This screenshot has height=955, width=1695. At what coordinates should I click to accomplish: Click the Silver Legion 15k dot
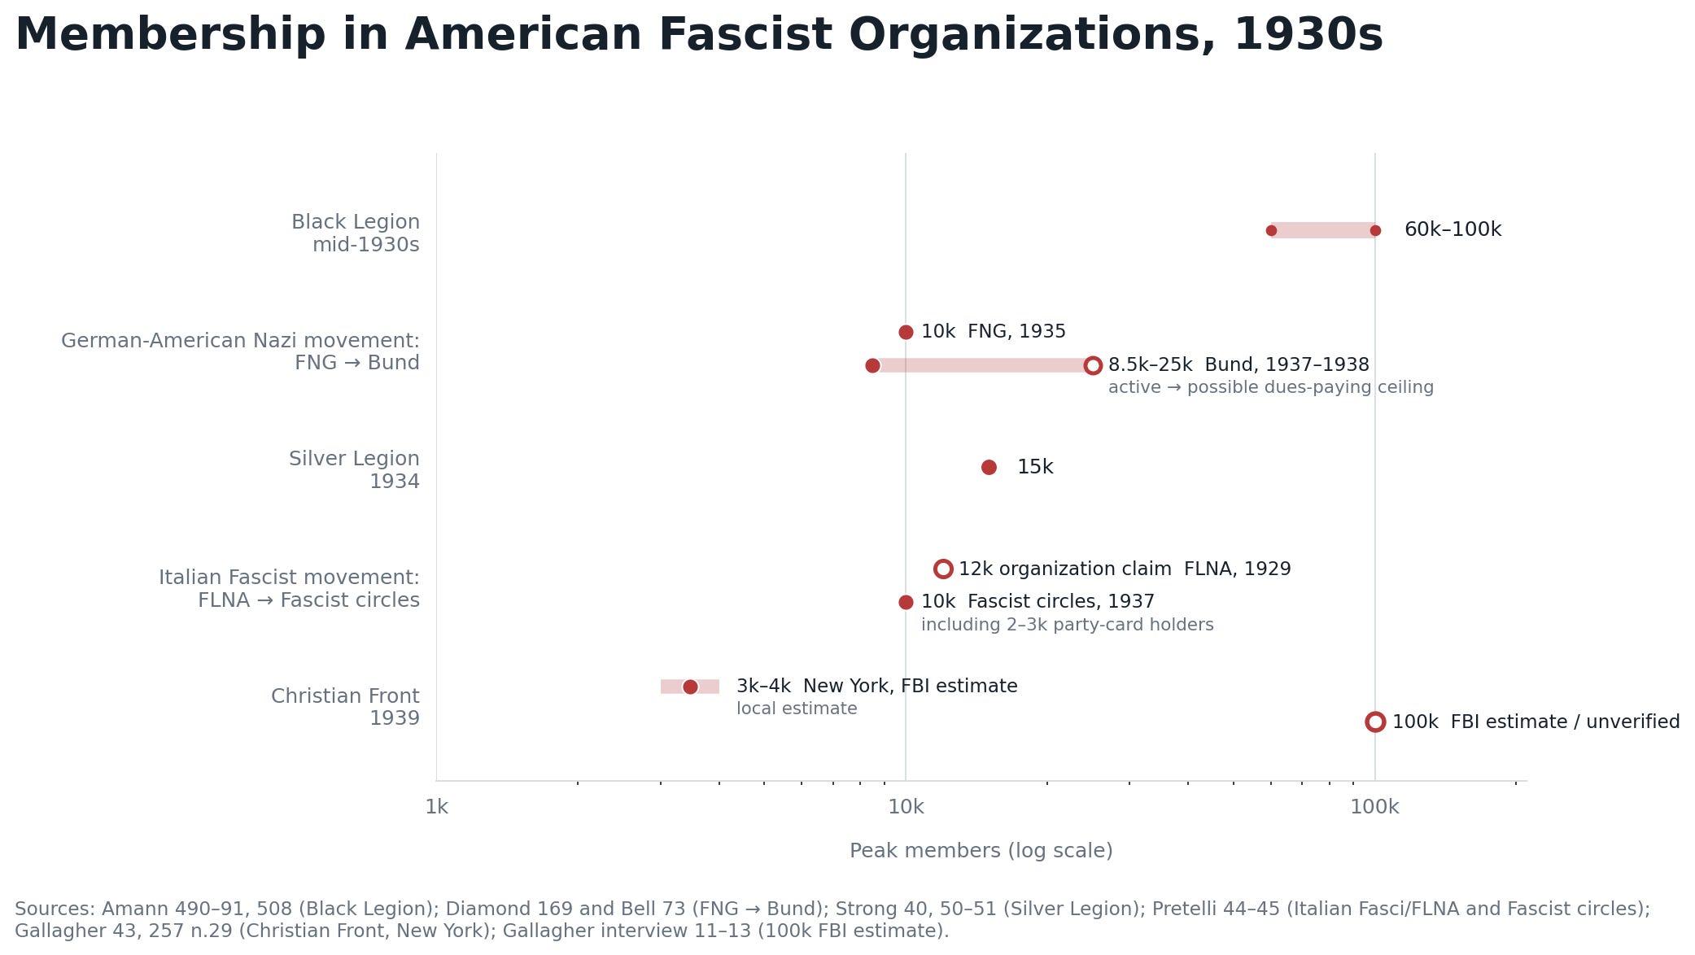coord(989,467)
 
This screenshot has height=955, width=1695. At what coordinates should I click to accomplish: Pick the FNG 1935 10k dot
coord(906,332)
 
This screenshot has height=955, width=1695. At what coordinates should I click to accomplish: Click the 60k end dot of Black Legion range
coord(1271,231)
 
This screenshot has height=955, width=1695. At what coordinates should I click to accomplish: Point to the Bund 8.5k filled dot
coord(872,366)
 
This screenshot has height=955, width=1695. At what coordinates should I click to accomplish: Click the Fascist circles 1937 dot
coord(906,603)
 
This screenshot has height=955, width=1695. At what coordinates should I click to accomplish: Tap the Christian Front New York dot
coord(690,687)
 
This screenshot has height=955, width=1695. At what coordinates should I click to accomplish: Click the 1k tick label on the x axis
coord(437,807)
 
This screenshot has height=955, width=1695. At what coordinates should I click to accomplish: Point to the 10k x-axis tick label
coord(906,807)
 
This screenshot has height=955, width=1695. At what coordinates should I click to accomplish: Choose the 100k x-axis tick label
coord(1374,807)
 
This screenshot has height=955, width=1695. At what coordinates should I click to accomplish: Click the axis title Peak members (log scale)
coord(981,851)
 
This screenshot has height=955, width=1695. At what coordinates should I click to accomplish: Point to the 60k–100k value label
coord(1453,230)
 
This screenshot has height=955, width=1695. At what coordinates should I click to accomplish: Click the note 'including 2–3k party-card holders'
coord(1068,625)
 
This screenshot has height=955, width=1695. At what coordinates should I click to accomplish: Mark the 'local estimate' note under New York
coord(797,709)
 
